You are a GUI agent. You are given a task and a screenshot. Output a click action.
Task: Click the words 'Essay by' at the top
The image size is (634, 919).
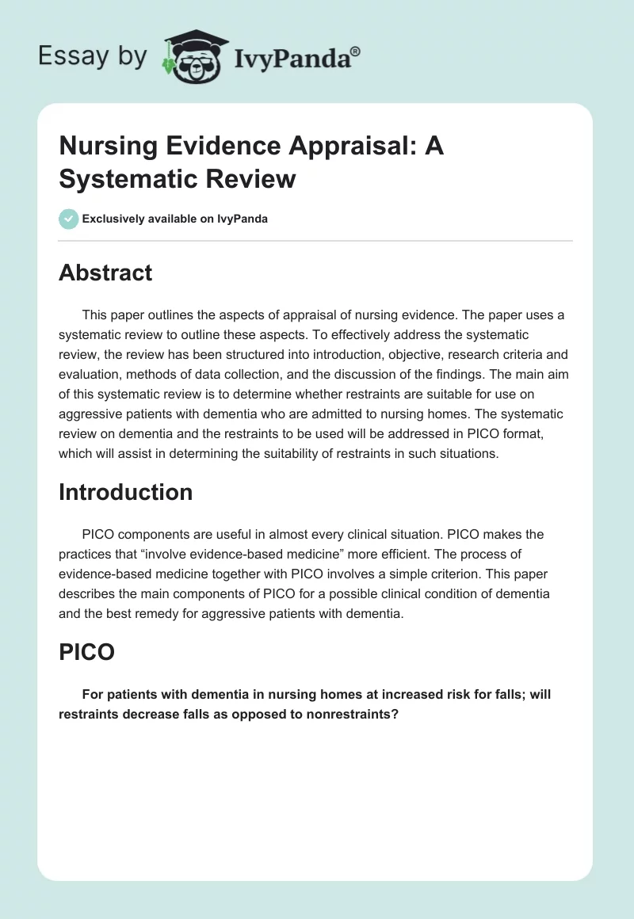pyautogui.click(x=93, y=55)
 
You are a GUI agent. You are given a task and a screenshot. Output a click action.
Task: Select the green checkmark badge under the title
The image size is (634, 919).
pyautogui.click(x=69, y=219)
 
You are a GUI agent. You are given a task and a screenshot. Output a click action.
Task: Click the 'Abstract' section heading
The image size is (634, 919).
pyautogui.click(x=105, y=273)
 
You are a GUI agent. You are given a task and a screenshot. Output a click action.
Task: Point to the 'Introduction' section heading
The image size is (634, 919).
pyautogui.click(x=125, y=492)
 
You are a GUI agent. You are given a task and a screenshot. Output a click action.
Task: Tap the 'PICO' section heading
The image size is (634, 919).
pyautogui.click(x=86, y=652)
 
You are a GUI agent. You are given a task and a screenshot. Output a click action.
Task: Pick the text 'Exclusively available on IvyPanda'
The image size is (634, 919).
pyautogui.click(x=174, y=219)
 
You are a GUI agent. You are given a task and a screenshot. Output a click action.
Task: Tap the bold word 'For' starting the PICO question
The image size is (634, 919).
pyautogui.click(x=94, y=694)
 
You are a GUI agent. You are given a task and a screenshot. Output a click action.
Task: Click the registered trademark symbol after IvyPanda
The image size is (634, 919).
pyautogui.click(x=356, y=51)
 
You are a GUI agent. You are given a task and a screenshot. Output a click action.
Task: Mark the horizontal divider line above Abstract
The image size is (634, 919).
pyautogui.click(x=315, y=241)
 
